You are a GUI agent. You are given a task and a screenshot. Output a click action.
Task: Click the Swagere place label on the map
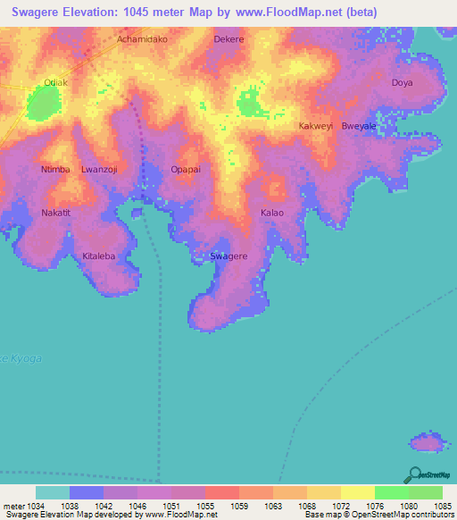[228, 256]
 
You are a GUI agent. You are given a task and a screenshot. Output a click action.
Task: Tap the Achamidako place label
[142, 40]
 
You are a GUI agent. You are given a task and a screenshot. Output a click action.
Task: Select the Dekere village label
[228, 40]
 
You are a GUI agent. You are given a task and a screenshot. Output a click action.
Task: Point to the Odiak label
[55, 83]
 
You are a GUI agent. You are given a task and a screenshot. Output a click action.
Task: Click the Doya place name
[403, 83]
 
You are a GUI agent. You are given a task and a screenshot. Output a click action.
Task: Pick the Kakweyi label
[316, 126]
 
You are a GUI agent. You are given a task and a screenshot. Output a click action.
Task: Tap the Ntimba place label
[55, 169]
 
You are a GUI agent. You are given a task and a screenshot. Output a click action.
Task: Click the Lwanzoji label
[99, 169]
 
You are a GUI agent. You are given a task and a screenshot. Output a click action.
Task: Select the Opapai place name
[186, 169]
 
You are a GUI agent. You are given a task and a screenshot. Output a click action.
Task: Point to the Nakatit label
[55, 213]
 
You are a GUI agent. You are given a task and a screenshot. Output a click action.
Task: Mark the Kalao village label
[272, 213]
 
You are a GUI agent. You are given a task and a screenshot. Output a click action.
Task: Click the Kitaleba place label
[99, 256]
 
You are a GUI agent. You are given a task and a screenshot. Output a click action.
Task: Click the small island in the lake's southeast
[426, 442]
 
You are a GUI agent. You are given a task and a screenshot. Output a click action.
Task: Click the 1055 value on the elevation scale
[204, 506]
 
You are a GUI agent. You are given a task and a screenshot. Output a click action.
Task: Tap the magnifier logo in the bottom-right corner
[413, 475]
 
